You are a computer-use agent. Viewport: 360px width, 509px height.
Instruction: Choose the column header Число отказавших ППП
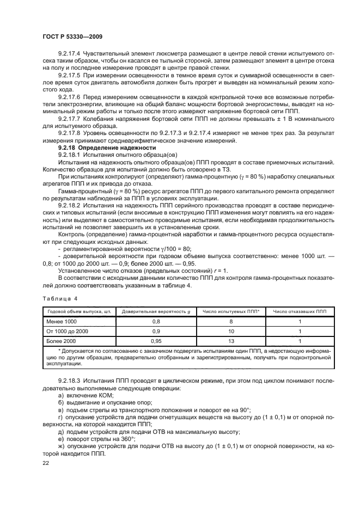point(300,311)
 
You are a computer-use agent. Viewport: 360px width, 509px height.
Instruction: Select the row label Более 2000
point(62,340)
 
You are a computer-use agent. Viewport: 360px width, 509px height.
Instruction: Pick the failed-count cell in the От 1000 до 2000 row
point(300,331)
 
